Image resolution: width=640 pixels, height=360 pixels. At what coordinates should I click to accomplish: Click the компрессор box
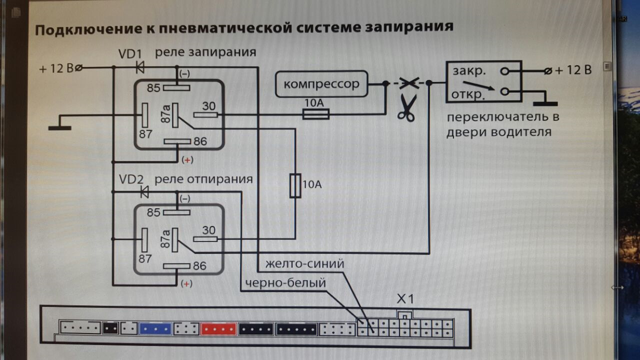click(321, 84)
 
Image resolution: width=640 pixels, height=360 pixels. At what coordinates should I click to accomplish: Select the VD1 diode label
click(130, 53)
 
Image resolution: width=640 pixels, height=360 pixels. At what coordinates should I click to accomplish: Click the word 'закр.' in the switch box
click(469, 71)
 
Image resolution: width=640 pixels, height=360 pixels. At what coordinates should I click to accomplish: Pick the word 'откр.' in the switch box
click(469, 94)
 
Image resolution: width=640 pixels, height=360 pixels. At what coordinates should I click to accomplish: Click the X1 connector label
click(405, 299)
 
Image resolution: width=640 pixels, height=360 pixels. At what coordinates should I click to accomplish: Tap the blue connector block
click(155, 329)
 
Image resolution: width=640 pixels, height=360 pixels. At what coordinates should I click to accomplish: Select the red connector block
click(218, 329)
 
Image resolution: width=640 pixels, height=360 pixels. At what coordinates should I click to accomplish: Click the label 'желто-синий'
click(305, 263)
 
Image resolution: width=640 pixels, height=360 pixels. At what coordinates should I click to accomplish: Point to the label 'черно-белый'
click(285, 283)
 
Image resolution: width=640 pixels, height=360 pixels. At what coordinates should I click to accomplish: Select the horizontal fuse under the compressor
click(316, 115)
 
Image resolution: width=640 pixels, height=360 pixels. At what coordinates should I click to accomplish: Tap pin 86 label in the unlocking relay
click(199, 266)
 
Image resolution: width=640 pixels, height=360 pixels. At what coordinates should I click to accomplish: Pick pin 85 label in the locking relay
click(154, 88)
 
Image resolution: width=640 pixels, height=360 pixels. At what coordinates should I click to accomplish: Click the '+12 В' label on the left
click(56, 68)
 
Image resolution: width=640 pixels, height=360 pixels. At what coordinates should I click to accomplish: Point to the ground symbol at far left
click(59, 127)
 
